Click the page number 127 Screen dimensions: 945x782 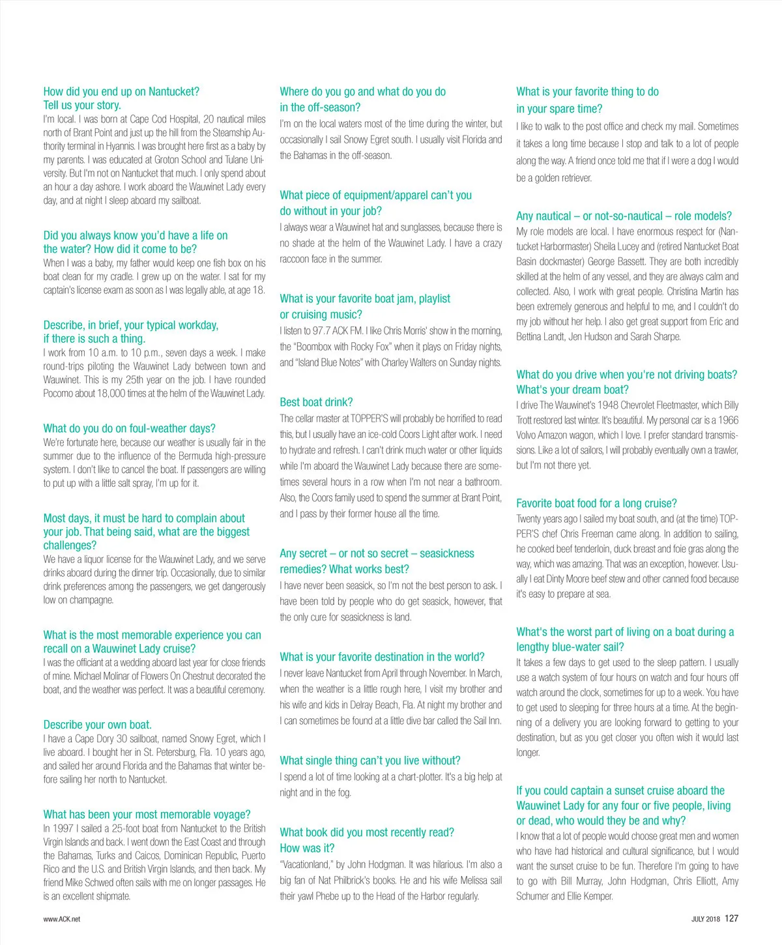[x=731, y=918]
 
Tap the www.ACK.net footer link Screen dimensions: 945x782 [x=62, y=919]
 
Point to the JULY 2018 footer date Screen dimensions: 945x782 [x=705, y=919]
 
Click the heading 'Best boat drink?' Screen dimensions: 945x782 [x=316, y=402]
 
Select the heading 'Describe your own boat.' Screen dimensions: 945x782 [x=97, y=725]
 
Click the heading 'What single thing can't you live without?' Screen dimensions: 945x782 [x=370, y=761]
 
